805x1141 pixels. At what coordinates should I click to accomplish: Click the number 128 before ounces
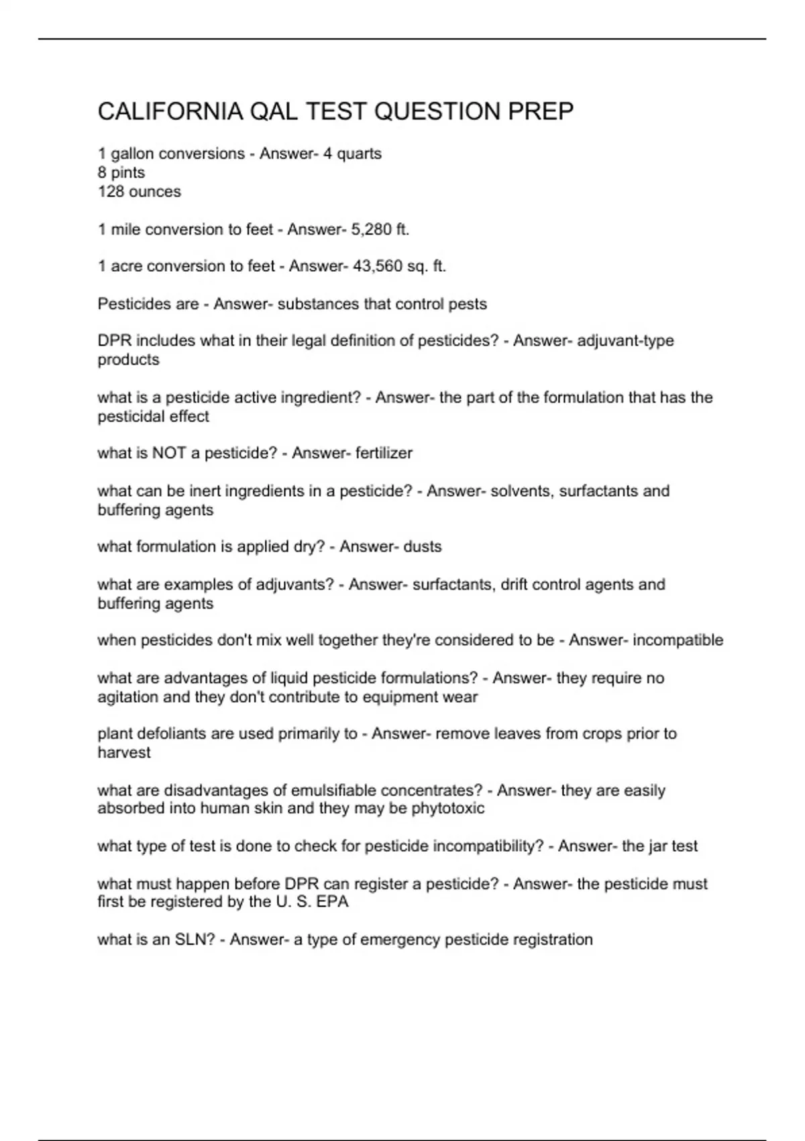pyautogui.click(x=111, y=192)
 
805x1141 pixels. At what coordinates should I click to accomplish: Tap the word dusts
pyautogui.click(x=422, y=547)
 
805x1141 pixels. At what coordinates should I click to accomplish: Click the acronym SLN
pyautogui.click(x=195, y=940)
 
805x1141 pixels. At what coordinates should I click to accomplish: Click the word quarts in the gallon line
pyautogui.click(x=359, y=154)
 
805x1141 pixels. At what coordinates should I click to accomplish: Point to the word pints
pyautogui.click(x=127, y=172)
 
